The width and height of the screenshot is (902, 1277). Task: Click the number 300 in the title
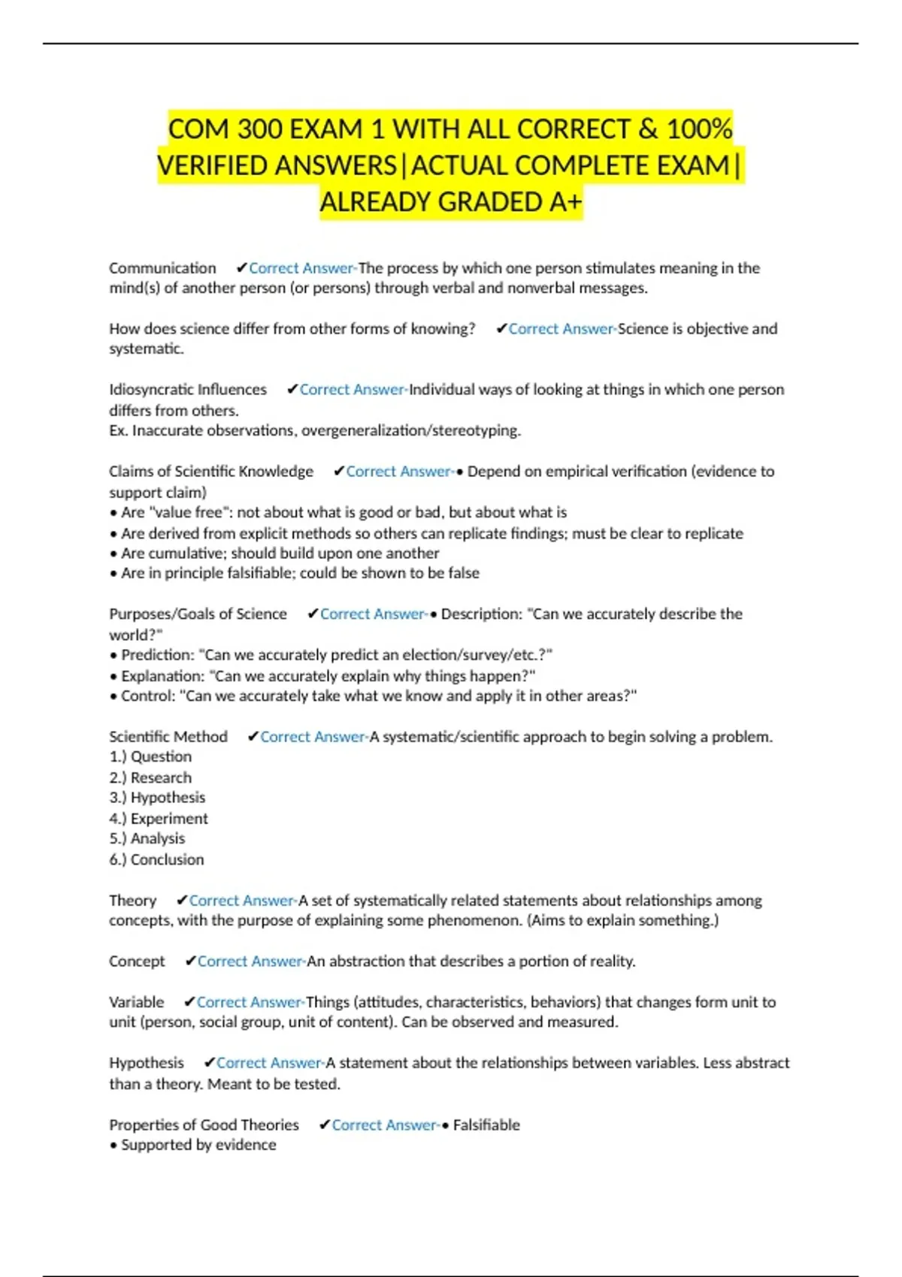259,129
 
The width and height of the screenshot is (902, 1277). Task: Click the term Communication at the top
162,268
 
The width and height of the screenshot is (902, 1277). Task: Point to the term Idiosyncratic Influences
188,389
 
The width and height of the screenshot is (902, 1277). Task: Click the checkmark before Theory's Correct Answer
181,900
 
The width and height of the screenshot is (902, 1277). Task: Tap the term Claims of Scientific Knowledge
211,471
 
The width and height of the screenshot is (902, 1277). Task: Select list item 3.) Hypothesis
157,798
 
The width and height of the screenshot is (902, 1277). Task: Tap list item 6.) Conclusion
156,859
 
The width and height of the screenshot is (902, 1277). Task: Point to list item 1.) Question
150,756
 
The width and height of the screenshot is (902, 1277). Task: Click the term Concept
137,961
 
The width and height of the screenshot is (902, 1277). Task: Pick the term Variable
136,1002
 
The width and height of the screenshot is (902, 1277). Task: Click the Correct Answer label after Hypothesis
270,1063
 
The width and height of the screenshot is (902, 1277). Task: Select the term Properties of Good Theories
204,1125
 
